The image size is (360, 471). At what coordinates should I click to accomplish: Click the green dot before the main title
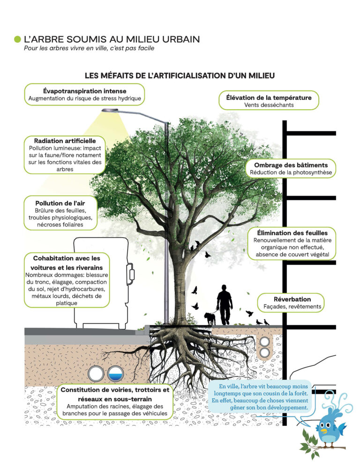tap(18, 39)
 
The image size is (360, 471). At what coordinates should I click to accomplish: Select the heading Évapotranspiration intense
tap(84, 91)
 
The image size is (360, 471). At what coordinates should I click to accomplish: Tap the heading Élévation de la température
tap(269, 98)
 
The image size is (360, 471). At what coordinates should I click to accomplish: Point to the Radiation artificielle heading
tap(65, 140)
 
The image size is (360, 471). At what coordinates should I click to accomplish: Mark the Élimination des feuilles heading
tap(292, 233)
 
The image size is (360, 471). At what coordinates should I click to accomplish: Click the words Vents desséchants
tap(269, 105)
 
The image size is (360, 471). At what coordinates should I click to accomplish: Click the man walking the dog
tap(225, 304)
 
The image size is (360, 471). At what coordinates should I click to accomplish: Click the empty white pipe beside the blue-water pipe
tap(97, 373)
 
